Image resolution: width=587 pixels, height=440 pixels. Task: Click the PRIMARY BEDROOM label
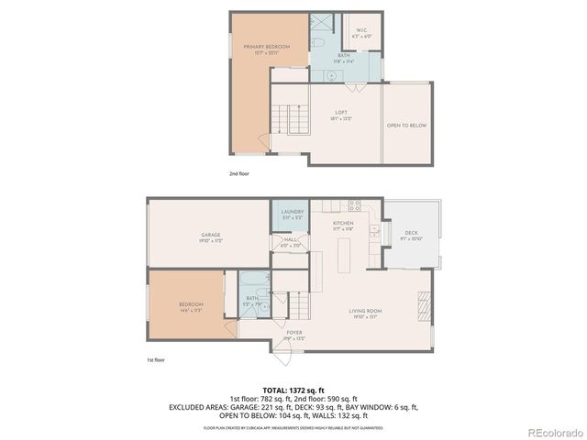(267, 48)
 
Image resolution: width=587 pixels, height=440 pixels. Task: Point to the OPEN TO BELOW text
(405, 126)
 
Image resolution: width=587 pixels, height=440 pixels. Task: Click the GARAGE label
(210, 236)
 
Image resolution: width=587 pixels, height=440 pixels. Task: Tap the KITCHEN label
(343, 225)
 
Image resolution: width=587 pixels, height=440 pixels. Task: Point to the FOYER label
(293, 335)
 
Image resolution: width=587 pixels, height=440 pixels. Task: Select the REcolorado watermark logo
(553, 432)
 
